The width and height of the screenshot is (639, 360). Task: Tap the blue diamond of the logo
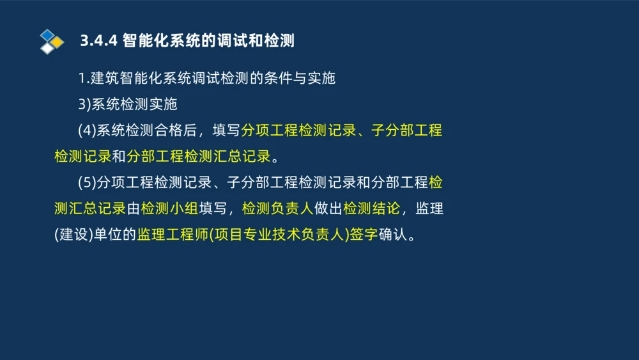[x=47, y=35]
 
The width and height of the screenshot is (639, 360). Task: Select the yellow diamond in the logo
[x=57, y=42]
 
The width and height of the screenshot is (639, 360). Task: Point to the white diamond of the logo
[x=47, y=48]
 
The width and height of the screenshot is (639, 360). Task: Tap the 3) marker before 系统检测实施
[x=85, y=104]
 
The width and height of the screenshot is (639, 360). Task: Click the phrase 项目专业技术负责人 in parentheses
[x=279, y=234]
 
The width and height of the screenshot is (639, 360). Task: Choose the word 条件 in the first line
[x=278, y=79]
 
